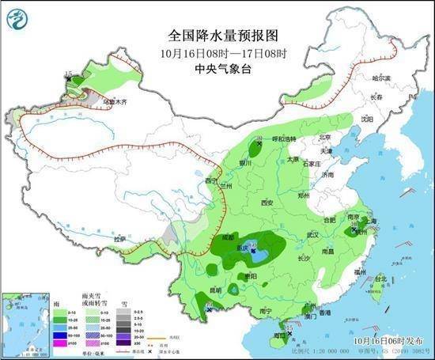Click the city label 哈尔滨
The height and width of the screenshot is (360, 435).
tap(381, 78)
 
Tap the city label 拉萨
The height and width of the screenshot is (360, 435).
tap(119, 238)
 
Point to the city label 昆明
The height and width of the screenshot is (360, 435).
tap(214, 290)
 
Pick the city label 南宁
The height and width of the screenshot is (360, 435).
tap(267, 312)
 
